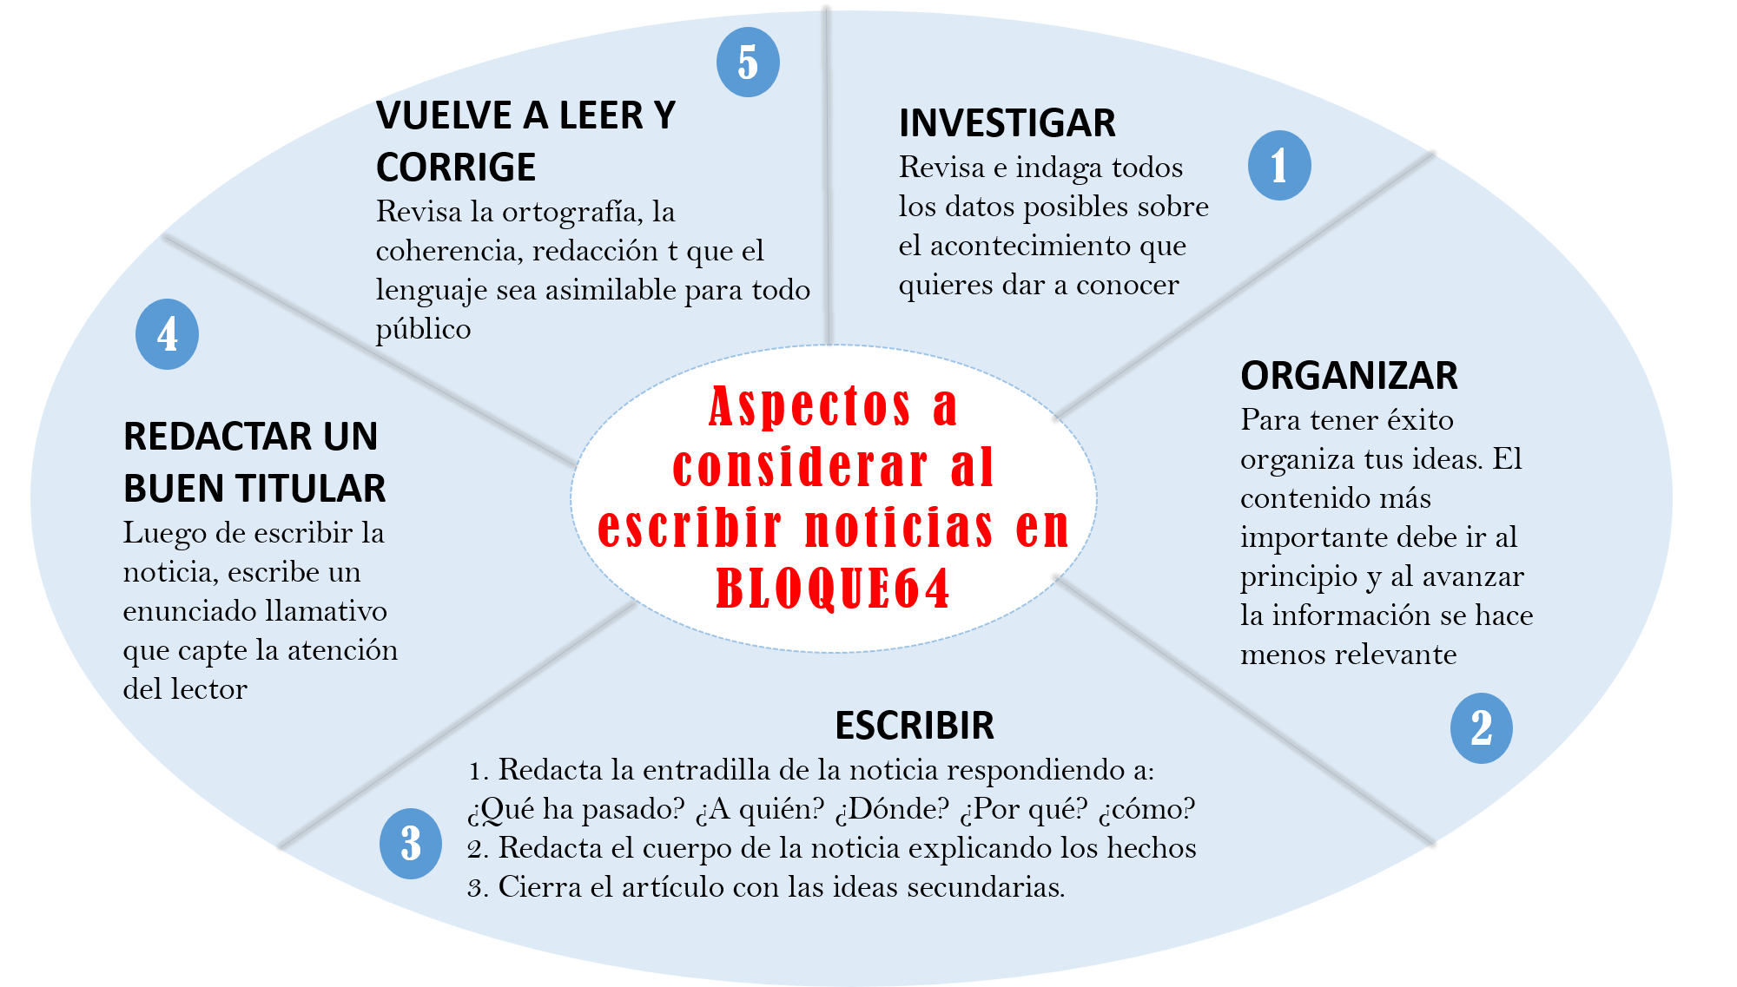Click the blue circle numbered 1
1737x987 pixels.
(x=1279, y=166)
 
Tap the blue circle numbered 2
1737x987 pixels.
(x=1482, y=728)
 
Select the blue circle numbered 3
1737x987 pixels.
(x=411, y=844)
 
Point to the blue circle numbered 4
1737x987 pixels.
(x=168, y=334)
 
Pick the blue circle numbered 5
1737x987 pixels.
(x=748, y=63)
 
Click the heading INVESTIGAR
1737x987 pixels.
(x=1007, y=123)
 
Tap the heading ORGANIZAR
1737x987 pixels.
(x=1349, y=376)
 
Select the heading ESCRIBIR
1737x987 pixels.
(x=915, y=726)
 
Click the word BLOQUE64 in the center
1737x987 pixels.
(x=833, y=589)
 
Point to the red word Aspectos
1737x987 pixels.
(x=809, y=405)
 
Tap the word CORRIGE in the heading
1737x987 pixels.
(x=456, y=168)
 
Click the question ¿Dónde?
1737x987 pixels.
(x=892, y=809)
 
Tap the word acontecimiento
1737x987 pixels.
(x=1031, y=246)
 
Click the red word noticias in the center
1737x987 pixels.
(x=899, y=528)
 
